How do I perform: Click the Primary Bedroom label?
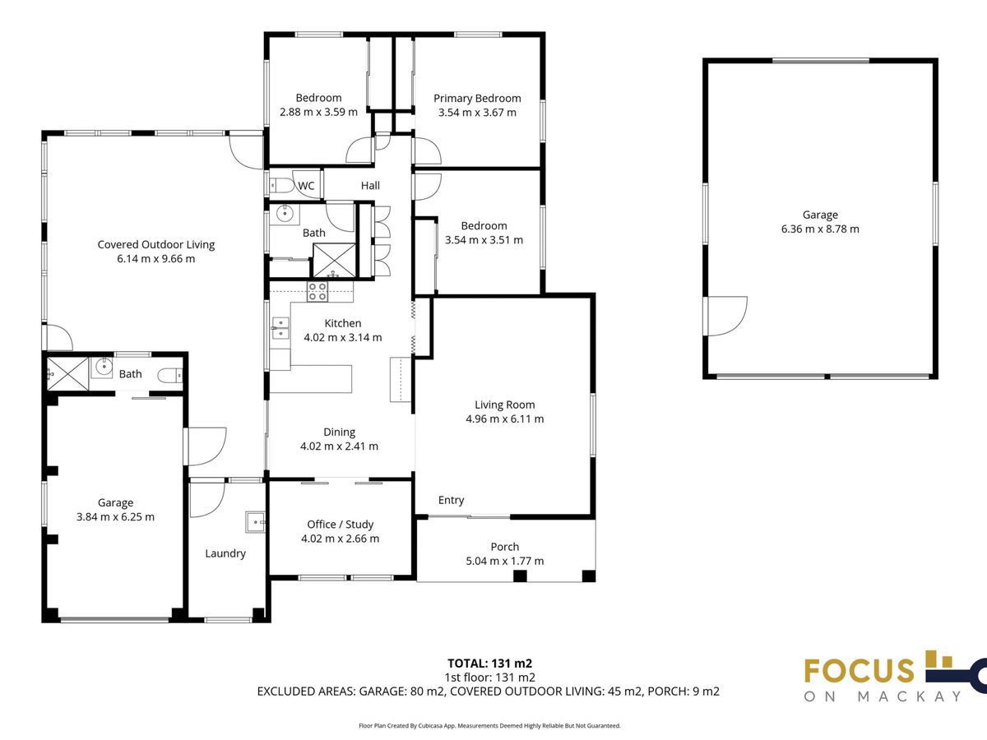(477, 99)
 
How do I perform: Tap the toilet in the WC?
(281, 185)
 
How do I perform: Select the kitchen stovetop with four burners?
(317, 292)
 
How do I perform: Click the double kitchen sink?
(280, 328)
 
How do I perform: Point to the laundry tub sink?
(256, 522)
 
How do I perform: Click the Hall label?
(370, 186)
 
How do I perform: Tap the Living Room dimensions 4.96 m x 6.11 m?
(504, 419)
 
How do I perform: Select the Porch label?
(504, 547)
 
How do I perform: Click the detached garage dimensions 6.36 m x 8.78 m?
(820, 229)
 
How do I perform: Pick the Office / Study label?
(340, 525)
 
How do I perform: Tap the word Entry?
(451, 501)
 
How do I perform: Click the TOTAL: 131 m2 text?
(489, 664)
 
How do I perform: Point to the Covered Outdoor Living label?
(156, 244)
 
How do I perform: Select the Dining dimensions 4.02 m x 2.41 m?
(339, 446)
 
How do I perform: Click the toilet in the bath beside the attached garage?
(170, 374)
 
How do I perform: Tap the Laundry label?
(225, 553)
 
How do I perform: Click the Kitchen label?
(343, 323)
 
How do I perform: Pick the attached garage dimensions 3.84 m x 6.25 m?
(115, 516)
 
